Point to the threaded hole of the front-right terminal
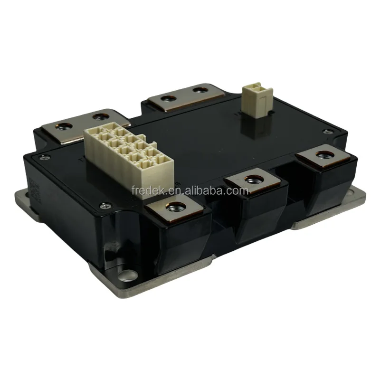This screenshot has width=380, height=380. tap(324, 153)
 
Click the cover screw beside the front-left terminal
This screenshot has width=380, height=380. tap(105, 206)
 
